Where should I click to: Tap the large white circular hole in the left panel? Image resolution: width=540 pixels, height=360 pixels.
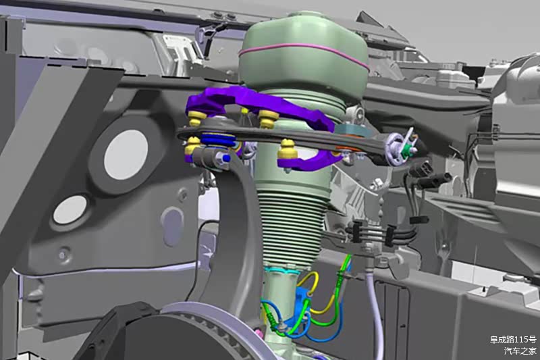coord(126,155)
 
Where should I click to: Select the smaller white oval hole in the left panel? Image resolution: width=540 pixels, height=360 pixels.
coord(70,209)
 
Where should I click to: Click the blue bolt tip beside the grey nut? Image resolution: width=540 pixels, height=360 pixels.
coord(225,158)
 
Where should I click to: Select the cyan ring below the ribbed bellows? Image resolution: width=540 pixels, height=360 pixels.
coord(282,269)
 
